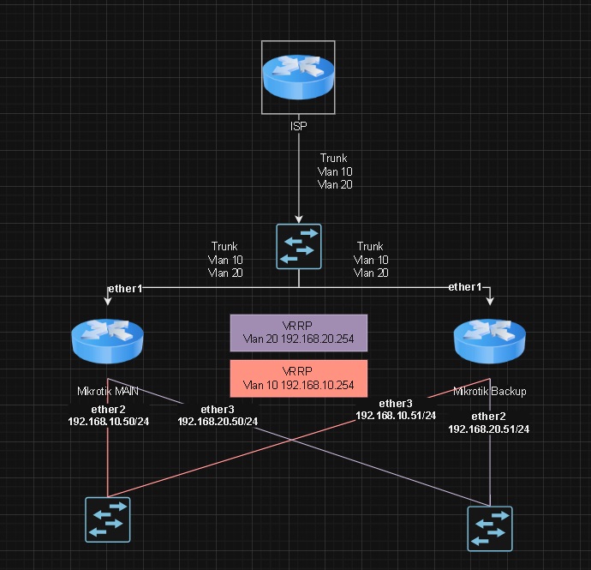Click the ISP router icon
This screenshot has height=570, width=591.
(298, 77)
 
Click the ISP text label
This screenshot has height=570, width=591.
(298, 126)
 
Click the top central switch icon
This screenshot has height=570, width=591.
(298, 247)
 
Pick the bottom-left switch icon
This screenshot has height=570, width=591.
(107, 519)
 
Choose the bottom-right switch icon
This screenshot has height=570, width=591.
(489, 527)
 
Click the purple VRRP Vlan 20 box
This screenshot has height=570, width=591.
(298, 333)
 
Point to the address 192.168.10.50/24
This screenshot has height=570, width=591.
(108, 421)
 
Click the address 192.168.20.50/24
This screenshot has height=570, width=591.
(218, 421)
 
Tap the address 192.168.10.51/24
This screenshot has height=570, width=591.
(396, 415)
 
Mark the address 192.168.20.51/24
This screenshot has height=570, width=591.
(489, 429)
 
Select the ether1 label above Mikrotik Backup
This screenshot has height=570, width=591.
(465, 287)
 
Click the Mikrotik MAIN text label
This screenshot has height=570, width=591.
(108, 391)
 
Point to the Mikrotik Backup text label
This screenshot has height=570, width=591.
(489, 391)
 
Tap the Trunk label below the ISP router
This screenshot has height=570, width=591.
(334, 159)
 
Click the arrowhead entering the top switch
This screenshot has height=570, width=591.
(298, 219)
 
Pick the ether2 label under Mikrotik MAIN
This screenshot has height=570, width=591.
(108, 409)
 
